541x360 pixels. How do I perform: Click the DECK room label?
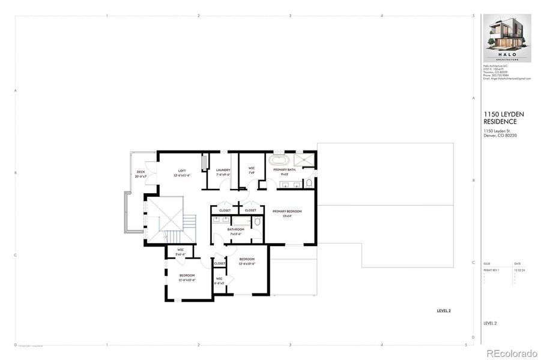(140, 174)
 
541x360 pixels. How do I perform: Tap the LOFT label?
(181, 173)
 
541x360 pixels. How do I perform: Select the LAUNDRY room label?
(223, 173)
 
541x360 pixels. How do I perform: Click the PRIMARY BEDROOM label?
(286, 213)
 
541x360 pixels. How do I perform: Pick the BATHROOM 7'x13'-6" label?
(235, 231)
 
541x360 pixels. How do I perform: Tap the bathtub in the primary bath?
(279, 161)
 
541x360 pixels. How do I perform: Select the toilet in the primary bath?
(309, 183)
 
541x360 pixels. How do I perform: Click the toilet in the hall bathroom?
(257, 222)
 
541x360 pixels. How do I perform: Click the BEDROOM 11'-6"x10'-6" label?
(186, 277)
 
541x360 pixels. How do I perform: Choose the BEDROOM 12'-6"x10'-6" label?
(247, 261)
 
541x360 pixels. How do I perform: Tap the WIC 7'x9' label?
(252, 171)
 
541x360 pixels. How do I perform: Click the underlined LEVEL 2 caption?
(443, 311)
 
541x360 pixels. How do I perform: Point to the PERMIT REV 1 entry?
(492, 271)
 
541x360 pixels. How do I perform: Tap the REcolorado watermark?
(511, 353)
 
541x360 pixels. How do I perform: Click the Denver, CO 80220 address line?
(500, 136)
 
